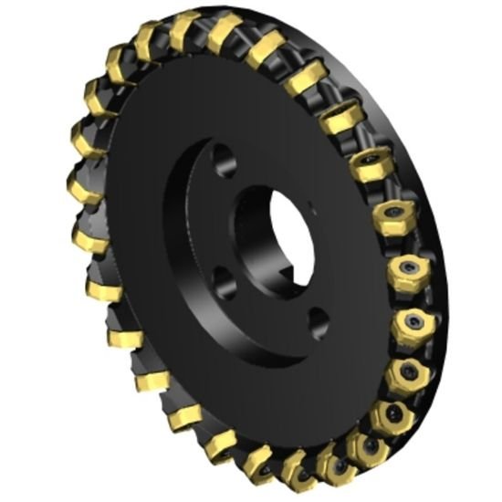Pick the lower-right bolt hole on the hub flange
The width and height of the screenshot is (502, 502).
(x=319, y=319)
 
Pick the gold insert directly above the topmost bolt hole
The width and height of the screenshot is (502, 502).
(x=225, y=33)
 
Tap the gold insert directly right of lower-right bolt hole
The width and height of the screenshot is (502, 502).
(x=410, y=326)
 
